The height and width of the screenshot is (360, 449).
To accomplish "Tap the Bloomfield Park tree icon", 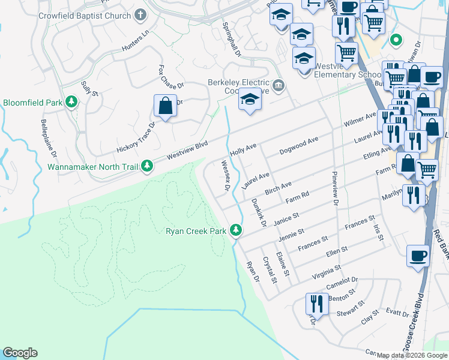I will pyautogui.click(x=72, y=103).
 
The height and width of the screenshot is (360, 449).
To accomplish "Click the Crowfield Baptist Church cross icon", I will pyautogui.click(x=140, y=14).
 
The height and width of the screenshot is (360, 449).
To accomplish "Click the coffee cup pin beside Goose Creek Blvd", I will pyautogui.click(x=418, y=256).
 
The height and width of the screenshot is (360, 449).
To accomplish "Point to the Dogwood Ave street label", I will pyautogui.click(x=298, y=145).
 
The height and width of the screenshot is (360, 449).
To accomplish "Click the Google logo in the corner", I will pyautogui.click(x=20, y=353).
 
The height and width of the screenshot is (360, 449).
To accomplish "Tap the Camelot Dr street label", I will pyautogui.click(x=343, y=281).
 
